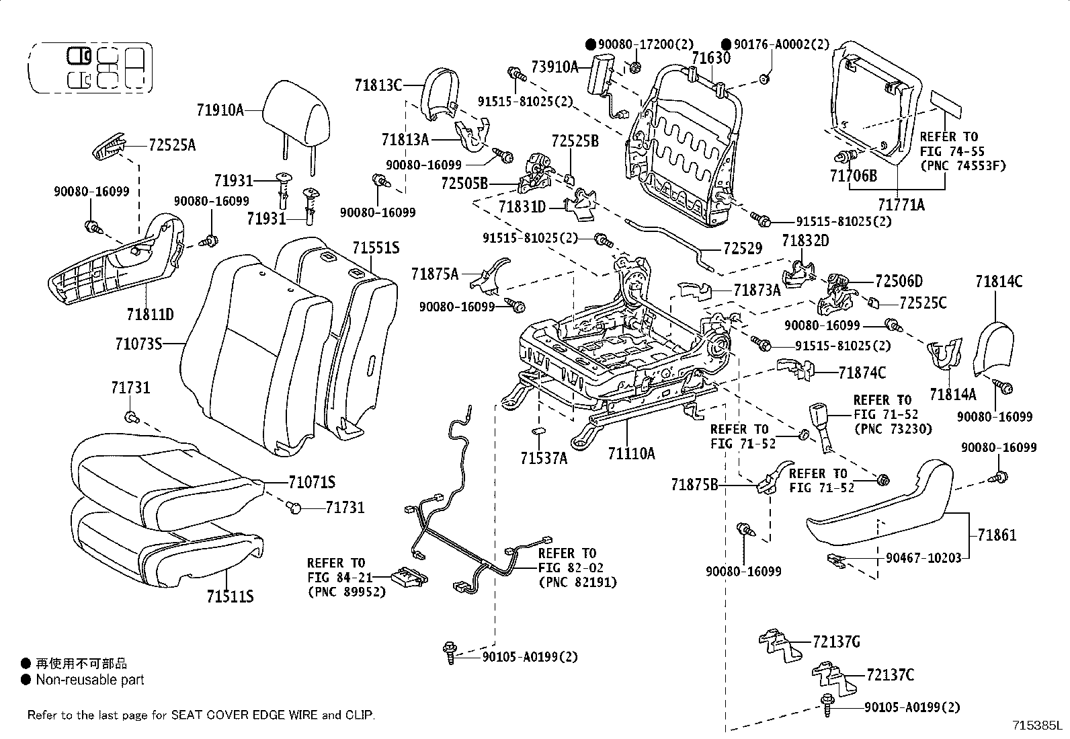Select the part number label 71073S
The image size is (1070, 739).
click(139, 344)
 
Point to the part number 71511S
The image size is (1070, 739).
click(230, 596)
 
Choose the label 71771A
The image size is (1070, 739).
click(901, 204)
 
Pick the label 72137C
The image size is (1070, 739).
click(890, 674)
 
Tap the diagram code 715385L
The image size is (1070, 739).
click(1039, 726)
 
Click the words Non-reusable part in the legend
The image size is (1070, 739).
click(90, 680)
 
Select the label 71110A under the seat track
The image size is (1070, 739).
click(631, 454)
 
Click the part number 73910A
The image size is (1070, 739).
click(554, 67)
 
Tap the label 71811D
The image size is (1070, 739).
click(150, 314)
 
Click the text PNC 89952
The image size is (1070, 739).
click(346, 592)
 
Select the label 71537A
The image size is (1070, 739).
click(543, 458)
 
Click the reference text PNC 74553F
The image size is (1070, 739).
click(962, 166)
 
